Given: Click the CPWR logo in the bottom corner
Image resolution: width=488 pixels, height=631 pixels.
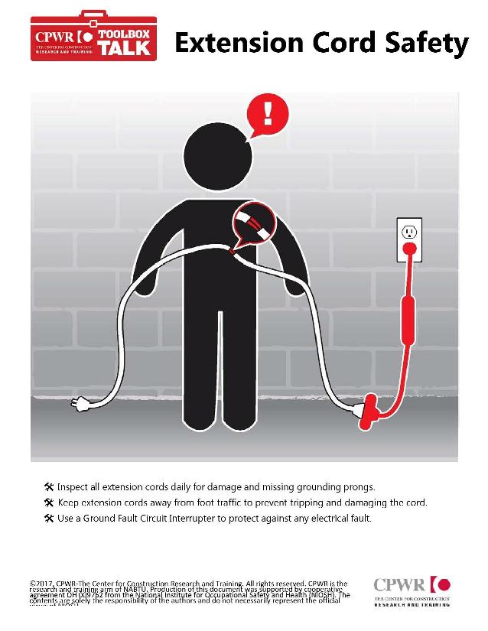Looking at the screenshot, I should click(x=412, y=591).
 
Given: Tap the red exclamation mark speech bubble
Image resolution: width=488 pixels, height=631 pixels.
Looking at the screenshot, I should click(x=268, y=115).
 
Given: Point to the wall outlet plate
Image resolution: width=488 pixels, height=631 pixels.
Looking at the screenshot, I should click(x=409, y=239).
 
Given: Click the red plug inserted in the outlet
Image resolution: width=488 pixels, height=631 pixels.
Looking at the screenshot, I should click(x=410, y=249).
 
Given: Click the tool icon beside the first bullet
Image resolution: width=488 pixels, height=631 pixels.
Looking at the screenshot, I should click(x=49, y=486).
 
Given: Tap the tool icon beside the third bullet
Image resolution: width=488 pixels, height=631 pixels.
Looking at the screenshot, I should click(x=49, y=519).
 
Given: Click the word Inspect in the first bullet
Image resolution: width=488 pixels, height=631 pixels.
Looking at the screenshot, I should click(x=73, y=486).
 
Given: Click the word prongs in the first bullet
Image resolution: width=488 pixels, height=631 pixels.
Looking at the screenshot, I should click(x=356, y=486).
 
